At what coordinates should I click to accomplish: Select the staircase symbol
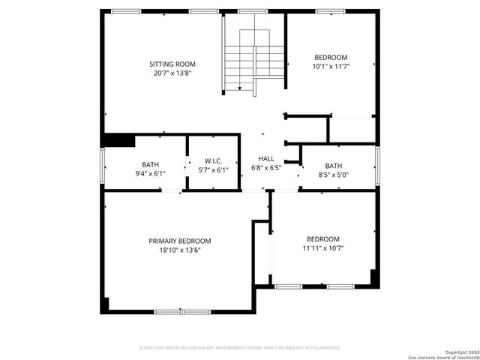click(254, 61)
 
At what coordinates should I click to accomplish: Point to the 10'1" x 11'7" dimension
click(331, 67)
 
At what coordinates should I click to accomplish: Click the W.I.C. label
click(214, 161)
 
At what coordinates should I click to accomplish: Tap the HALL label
click(266, 159)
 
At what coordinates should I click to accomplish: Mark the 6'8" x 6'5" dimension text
click(266, 168)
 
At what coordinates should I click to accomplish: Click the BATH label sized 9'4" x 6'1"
click(150, 164)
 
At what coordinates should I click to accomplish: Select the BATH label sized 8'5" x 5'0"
click(334, 166)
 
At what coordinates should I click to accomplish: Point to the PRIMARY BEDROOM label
click(179, 241)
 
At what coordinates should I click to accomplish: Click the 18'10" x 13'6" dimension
click(179, 250)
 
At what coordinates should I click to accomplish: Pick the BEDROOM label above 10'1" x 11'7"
click(331, 58)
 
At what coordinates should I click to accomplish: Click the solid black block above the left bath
click(118, 139)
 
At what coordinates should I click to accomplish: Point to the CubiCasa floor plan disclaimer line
click(240, 347)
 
